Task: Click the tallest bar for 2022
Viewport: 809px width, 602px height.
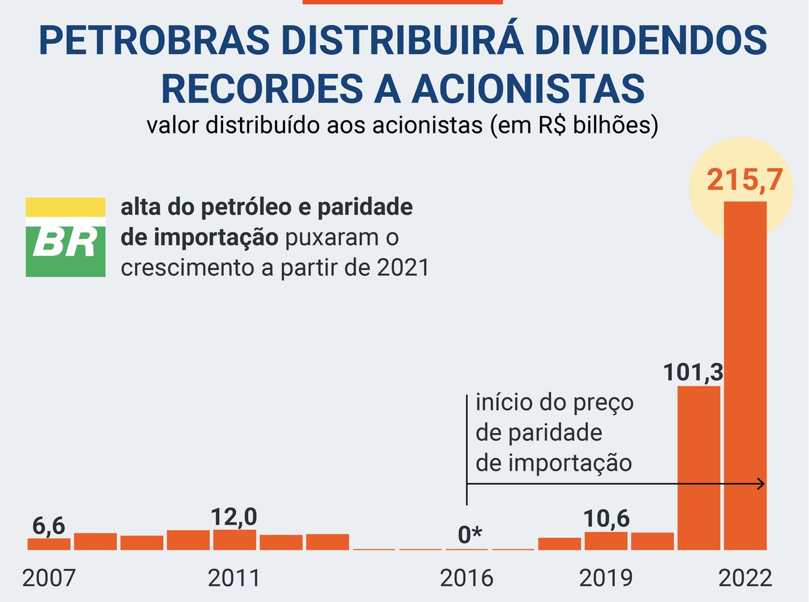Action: point(745,374)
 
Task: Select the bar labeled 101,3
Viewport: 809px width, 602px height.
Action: point(698,467)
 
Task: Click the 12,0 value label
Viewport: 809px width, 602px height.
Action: point(234,516)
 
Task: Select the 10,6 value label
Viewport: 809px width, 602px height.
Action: point(607,519)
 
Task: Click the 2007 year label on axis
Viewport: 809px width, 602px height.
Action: point(48,578)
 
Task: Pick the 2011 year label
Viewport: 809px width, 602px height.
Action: point(234,578)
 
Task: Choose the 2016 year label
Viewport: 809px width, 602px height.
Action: point(466,578)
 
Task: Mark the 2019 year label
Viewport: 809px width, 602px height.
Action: point(605,578)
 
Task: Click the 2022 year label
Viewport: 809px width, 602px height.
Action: point(744,578)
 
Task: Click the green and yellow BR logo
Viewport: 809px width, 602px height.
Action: point(65,237)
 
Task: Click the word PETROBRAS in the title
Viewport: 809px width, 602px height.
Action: point(159,42)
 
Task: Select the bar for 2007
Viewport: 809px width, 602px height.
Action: point(49,543)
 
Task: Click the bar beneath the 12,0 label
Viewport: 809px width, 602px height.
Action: point(235,539)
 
